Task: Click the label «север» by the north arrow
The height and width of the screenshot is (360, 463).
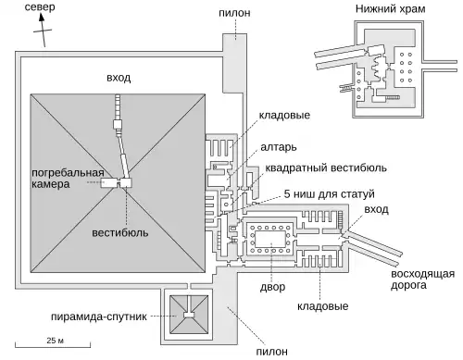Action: tap(40, 6)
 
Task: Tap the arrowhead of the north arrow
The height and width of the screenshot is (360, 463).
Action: tap(42, 17)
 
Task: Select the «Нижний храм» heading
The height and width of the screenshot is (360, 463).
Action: tap(390, 8)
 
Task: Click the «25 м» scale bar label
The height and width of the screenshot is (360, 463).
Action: tap(56, 341)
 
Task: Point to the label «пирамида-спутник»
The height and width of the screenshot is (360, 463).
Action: tap(99, 317)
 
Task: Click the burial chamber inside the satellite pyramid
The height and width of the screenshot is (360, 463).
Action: tap(189, 315)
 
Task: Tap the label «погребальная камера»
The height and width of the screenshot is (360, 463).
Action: tap(68, 179)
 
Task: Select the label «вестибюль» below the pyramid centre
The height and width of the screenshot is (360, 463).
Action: tap(120, 232)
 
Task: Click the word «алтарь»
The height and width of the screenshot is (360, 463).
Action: tap(279, 147)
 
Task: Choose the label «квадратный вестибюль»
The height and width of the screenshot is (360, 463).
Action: tap(326, 168)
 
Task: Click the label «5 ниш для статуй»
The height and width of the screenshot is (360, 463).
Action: tap(330, 194)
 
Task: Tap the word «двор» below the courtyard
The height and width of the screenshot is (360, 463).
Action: tap(272, 287)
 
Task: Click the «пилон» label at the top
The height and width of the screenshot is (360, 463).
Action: tap(234, 13)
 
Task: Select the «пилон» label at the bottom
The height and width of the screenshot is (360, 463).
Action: tap(272, 351)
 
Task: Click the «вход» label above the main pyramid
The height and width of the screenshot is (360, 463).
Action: tap(119, 78)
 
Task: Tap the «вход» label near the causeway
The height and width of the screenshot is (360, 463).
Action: tap(376, 209)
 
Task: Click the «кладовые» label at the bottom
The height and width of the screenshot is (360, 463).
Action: tap(323, 306)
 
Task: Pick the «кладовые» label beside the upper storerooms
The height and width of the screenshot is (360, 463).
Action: tap(284, 116)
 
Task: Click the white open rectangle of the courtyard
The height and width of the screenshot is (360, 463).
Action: tap(270, 239)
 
